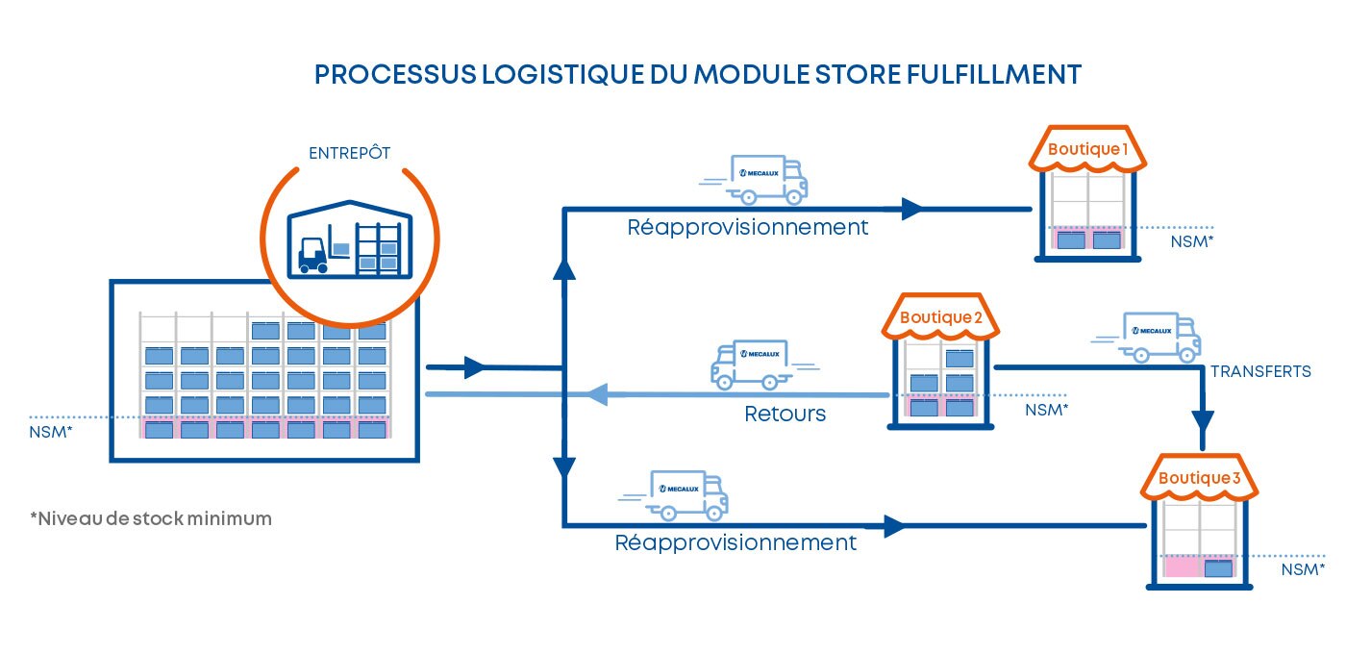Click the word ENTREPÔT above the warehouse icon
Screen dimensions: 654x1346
[349, 153]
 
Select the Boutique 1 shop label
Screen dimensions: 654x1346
[1087, 149]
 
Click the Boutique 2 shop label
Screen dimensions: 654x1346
[941, 317]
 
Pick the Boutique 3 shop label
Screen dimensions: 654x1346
[1199, 478]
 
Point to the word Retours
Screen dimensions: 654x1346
[785, 415]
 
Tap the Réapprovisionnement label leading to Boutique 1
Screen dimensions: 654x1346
[747, 228]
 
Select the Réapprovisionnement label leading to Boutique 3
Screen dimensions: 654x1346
[735, 542]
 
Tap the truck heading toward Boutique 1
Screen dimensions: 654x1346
[766, 180]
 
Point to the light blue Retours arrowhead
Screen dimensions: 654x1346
[598, 393]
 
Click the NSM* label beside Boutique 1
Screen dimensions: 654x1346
[1192, 241]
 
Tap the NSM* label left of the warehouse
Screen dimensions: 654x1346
[51, 431]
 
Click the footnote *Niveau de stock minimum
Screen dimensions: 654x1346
[151, 519]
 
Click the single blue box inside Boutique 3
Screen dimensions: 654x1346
[1218, 568]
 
